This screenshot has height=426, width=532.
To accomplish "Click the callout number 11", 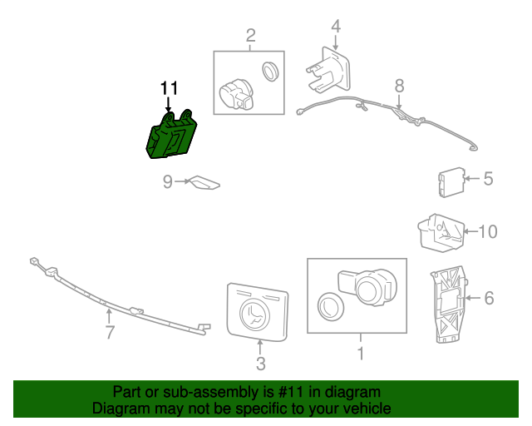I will (169, 88).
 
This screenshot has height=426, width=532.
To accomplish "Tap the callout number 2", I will (250, 35).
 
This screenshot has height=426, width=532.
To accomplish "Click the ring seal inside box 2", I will (271, 72).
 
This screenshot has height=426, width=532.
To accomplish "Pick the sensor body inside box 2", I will (236, 94).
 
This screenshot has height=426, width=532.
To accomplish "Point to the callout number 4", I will (335, 26).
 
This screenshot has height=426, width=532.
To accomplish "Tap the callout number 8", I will (399, 85).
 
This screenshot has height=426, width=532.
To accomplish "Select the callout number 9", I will (167, 181).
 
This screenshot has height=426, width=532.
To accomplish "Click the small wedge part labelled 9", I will (203, 182).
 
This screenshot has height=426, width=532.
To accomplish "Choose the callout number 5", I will (488, 178).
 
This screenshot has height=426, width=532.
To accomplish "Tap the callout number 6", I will (489, 297).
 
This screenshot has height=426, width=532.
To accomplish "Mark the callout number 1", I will (360, 353).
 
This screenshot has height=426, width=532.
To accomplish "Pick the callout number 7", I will (109, 333).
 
